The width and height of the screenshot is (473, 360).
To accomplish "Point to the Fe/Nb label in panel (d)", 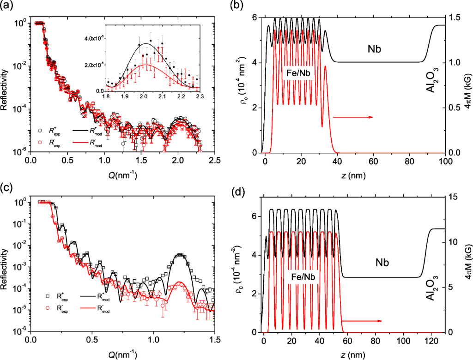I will click(303, 278).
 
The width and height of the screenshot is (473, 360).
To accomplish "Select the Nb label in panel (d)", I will click(382, 263).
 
